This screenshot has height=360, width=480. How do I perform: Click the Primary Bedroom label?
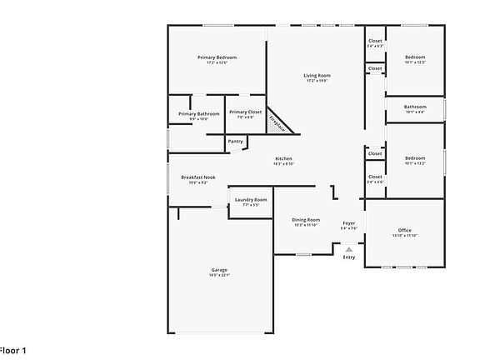[217, 57]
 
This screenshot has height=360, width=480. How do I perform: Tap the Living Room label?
[317, 76]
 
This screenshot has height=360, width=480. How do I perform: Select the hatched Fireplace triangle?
[278, 123]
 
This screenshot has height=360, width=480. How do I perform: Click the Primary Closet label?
[245, 112]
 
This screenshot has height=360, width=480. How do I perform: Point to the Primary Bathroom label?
[198, 113]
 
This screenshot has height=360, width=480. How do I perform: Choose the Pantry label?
[235, 141]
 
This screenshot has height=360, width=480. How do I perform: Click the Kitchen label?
[284, 158]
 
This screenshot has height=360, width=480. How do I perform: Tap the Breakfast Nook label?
[198, 177]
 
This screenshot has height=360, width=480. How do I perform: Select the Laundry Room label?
[250, 200]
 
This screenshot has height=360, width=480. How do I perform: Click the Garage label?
[219, 270]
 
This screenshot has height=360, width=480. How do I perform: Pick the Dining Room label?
[306, 220]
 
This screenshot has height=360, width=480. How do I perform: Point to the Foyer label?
[349, 223]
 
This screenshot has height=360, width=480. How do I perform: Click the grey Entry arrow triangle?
[349, 248]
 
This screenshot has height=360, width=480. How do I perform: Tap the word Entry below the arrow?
[349, 257]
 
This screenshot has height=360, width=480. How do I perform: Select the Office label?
[404, 230]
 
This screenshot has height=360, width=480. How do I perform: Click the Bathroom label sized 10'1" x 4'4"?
[415, 107]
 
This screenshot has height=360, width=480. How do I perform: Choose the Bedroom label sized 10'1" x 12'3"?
[415, 57]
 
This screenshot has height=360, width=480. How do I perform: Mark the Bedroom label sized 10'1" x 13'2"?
[415, 157]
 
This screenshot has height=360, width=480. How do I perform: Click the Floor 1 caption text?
[12, 351]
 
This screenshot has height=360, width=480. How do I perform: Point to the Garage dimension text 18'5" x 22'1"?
[219, 276]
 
